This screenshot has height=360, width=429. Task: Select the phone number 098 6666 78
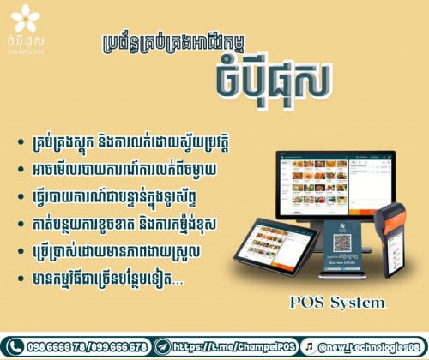(x=55, y=345)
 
